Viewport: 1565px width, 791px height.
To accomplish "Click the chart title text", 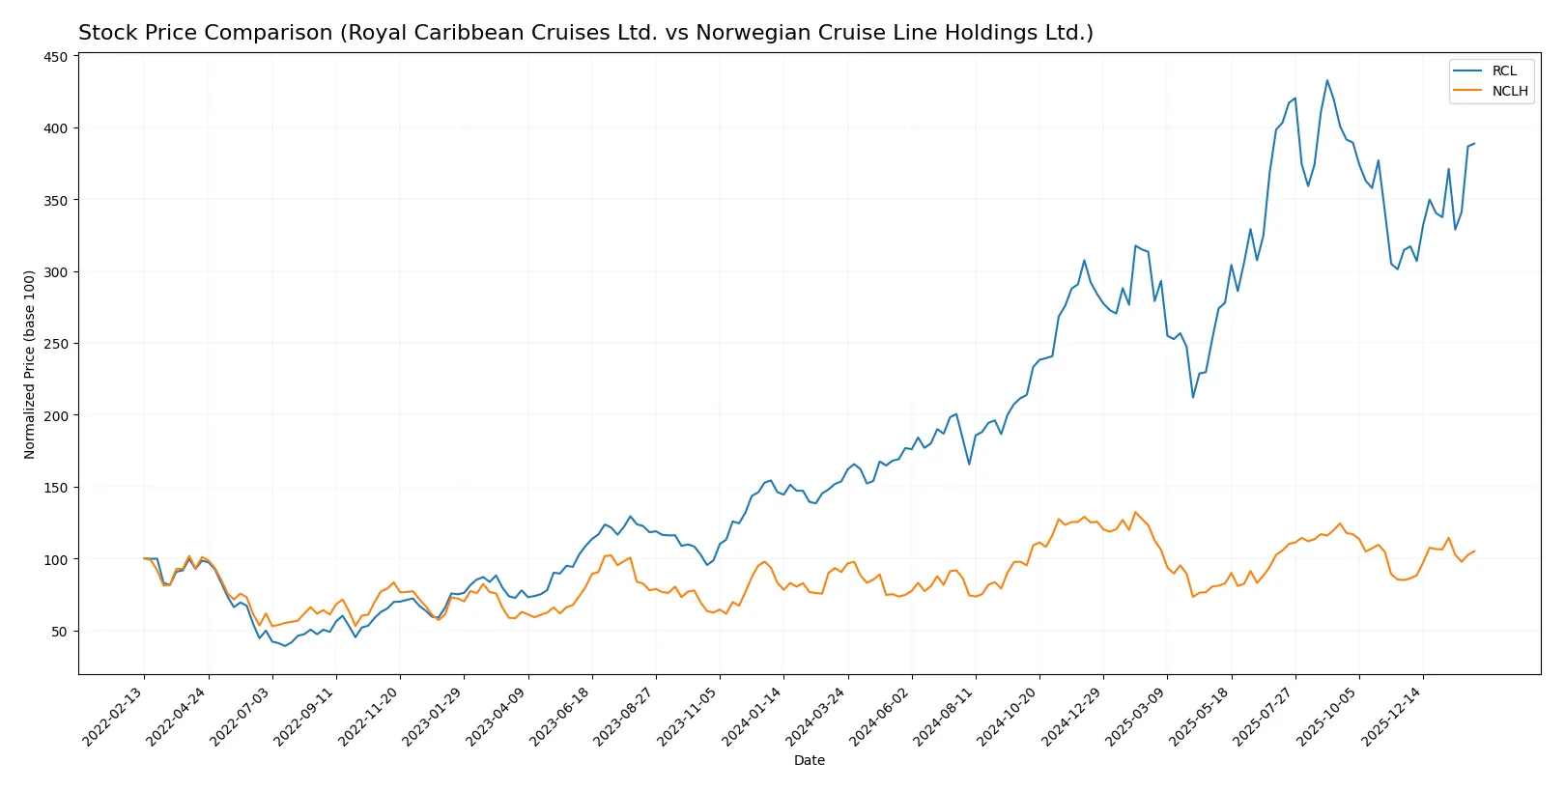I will tap(585, 33).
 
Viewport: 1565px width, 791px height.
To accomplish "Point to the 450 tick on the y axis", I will tap(56, 57).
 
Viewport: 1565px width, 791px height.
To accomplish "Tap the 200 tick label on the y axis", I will tap(56, 415).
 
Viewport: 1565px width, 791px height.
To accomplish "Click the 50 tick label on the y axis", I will tap(60, 631).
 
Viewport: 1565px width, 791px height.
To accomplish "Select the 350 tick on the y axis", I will tap(56, 200).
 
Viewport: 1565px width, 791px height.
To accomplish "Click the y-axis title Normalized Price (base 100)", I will tap(30, 364).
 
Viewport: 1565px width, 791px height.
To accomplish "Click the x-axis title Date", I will tap(809, 760).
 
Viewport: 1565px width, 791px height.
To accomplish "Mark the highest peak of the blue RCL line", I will tap(1326, 80).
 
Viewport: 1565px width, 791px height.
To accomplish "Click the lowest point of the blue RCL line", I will tap(284, 645).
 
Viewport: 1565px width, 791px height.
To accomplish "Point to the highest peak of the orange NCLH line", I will tap(1135, 512).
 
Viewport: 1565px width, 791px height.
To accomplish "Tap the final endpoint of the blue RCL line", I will tap(1474, 144).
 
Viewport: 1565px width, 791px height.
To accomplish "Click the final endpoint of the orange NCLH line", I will tap(1474, 551).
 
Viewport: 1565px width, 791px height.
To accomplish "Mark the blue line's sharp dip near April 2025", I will tap(1193, 397).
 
